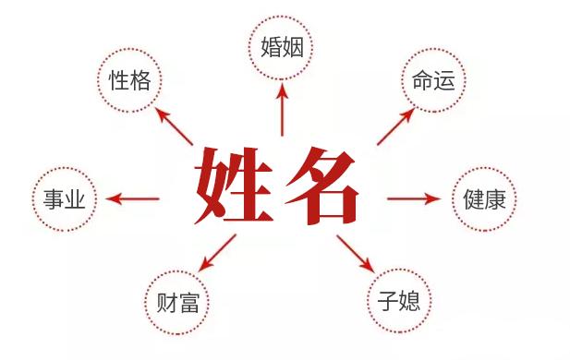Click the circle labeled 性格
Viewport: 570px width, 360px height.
(x=130, y=81)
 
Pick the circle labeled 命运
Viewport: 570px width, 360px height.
(x=432, y=81)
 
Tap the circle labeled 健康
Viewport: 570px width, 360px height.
(x=484, y=199)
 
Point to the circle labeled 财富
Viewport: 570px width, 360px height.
(x=178, y=301)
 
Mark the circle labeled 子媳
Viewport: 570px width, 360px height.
(x=400, y=301)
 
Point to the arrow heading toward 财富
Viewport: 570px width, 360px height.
(x=218, y=251)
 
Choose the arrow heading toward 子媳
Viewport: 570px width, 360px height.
(x=355, y=252)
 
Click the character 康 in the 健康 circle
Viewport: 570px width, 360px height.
(x=496, y=199)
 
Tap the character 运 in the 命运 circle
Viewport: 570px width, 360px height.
(x=444, y=81)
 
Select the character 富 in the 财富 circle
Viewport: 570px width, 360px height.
(x=190, y=301)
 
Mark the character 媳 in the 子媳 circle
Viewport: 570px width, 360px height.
(x=412, y=301)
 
